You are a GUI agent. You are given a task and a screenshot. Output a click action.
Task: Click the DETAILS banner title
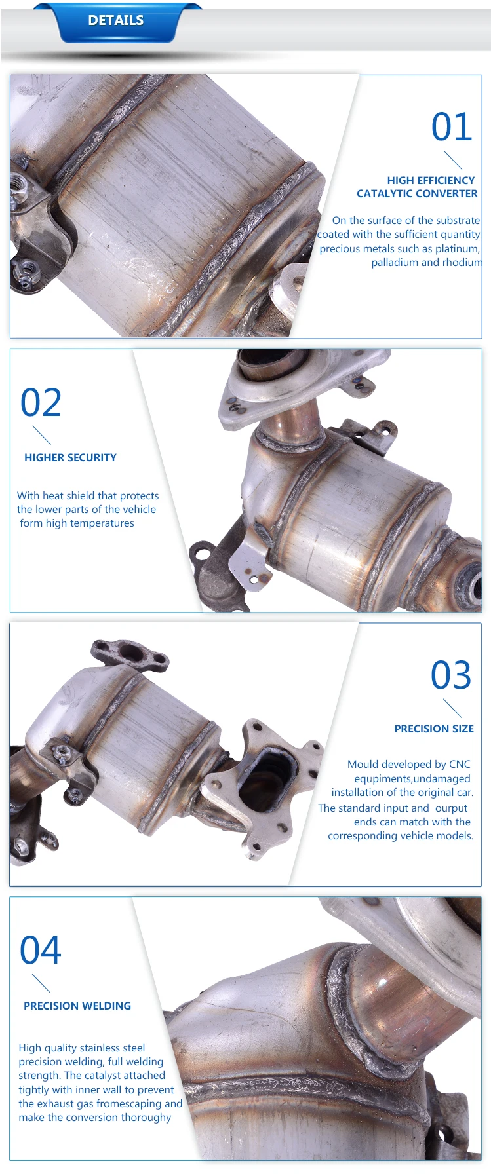[x=115, y=20]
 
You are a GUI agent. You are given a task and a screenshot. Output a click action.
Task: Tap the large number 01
[x=451, y=127]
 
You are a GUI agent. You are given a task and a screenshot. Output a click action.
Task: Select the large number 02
[x=41, y=402]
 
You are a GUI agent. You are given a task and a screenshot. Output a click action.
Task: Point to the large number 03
[x=450, y=675]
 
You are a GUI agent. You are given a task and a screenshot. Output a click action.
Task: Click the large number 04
[x=41, y=950]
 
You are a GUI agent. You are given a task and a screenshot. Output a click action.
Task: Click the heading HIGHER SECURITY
[x=70, y=457]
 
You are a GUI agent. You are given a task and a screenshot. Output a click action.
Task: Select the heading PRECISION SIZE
[x=433, y=729]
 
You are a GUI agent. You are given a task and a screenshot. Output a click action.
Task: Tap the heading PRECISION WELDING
[x=77, y=1006]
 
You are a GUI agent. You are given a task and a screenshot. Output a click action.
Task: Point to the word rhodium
[x=462, y=262]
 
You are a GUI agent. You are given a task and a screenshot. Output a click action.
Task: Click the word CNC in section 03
[x=460, y=764]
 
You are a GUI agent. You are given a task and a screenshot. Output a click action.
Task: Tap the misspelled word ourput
[x=451, y=808]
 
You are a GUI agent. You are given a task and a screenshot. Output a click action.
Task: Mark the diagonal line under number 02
[x=41, y=435]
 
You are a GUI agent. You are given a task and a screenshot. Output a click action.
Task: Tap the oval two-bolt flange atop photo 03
[x=129, y=654]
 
